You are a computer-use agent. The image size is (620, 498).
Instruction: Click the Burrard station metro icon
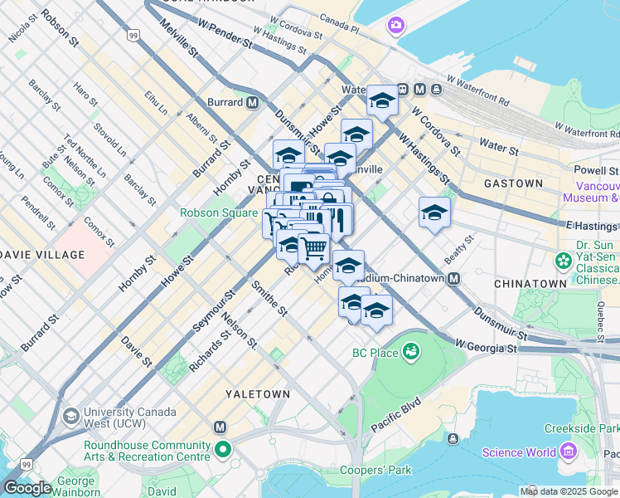coord(251,103)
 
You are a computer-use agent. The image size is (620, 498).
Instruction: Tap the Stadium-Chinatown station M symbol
coord(454,279)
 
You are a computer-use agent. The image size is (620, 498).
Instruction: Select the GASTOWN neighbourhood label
coord(513,183)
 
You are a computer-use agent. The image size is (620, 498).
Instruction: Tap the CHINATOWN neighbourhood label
coord(530,284)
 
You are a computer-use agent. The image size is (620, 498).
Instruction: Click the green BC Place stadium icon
coord(411,354)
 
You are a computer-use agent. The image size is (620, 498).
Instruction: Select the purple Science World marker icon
coord(568,452)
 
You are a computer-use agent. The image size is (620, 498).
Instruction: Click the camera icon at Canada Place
coord(395,27)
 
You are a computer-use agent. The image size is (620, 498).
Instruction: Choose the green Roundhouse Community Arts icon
coord(223,451)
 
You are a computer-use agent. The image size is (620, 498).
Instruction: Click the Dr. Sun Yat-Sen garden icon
coord(564,261)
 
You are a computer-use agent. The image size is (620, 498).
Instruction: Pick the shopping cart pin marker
coord(313,247)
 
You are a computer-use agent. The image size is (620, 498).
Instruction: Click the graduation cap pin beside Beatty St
coord(434,212)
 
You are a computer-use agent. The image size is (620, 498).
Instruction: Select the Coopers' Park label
coord(376,471)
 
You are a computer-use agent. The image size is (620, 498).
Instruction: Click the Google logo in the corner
coord(27,488)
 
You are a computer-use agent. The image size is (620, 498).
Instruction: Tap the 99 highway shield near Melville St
coord(133,36)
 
